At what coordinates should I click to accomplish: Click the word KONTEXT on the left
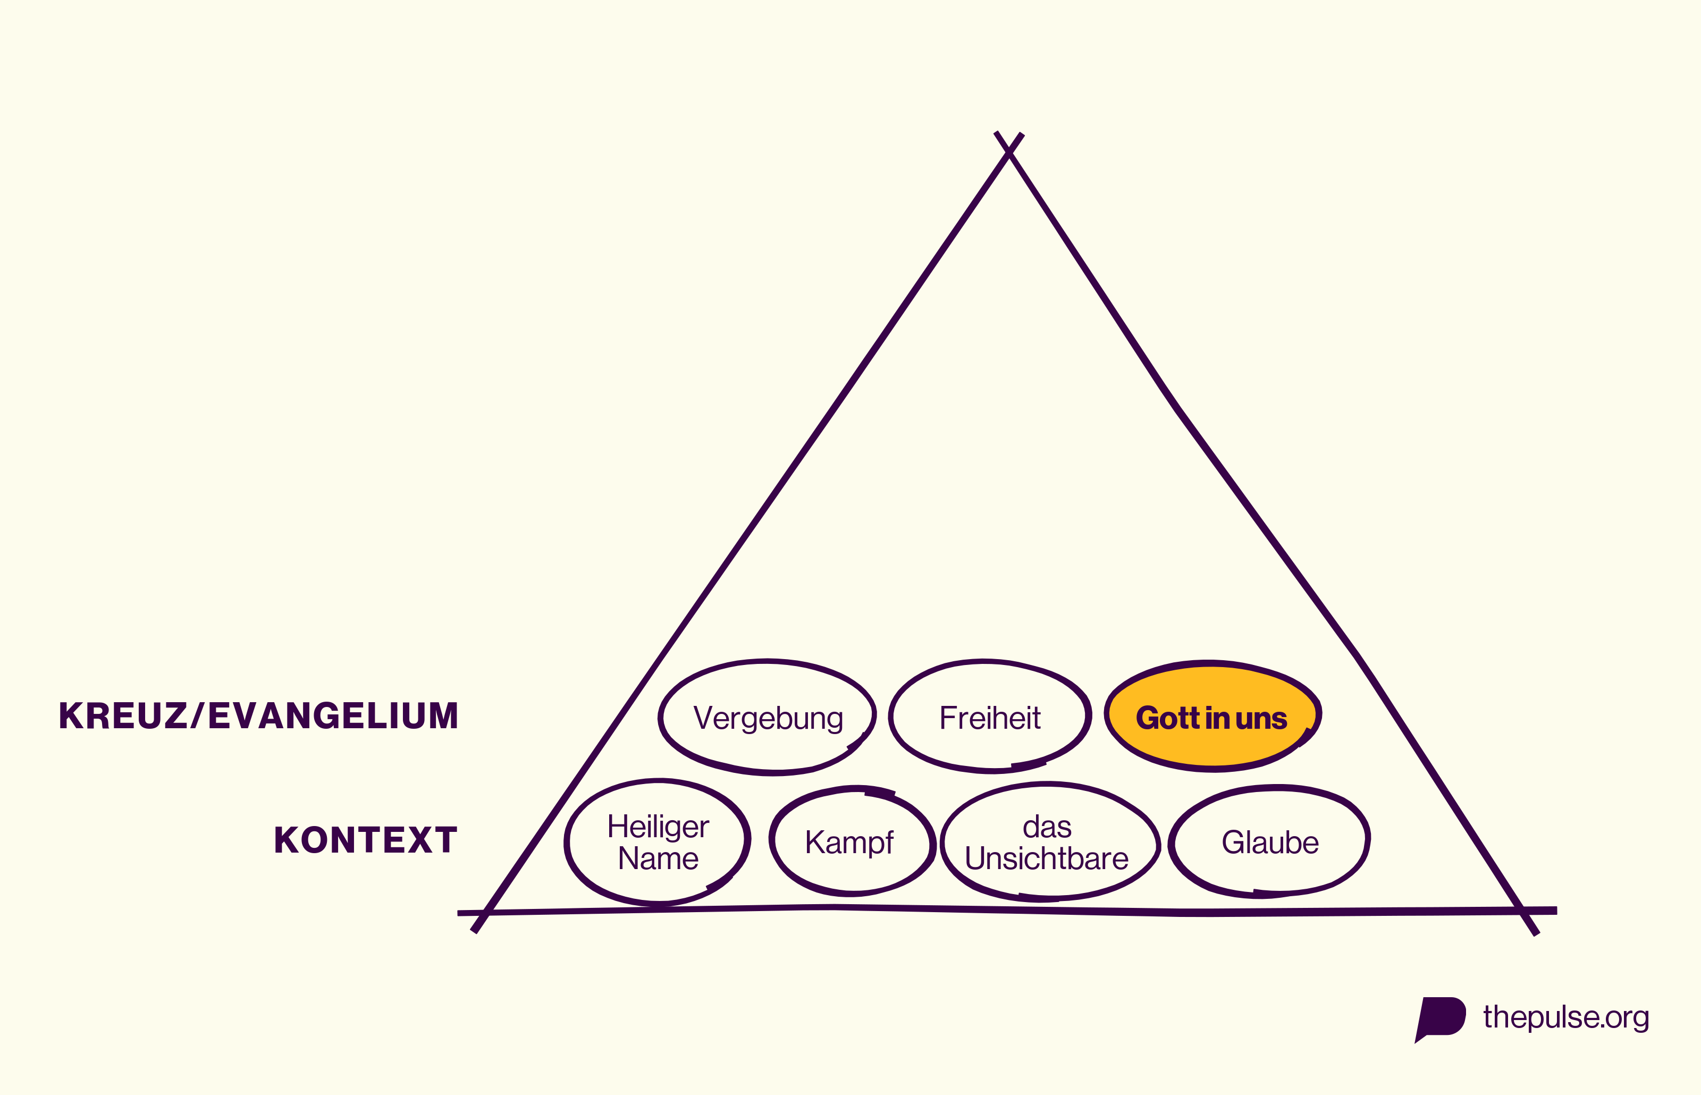365,840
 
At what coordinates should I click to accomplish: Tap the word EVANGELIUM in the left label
333,715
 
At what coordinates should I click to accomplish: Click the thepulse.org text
1565,1017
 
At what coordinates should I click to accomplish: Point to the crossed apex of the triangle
1009,151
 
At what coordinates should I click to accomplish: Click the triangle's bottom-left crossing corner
484,912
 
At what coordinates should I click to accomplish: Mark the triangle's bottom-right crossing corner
1522,911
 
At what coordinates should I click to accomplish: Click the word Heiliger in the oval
658,827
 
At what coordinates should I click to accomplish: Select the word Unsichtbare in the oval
1046,858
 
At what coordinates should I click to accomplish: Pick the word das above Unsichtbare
1047,828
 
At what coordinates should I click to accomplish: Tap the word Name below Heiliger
658,858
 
